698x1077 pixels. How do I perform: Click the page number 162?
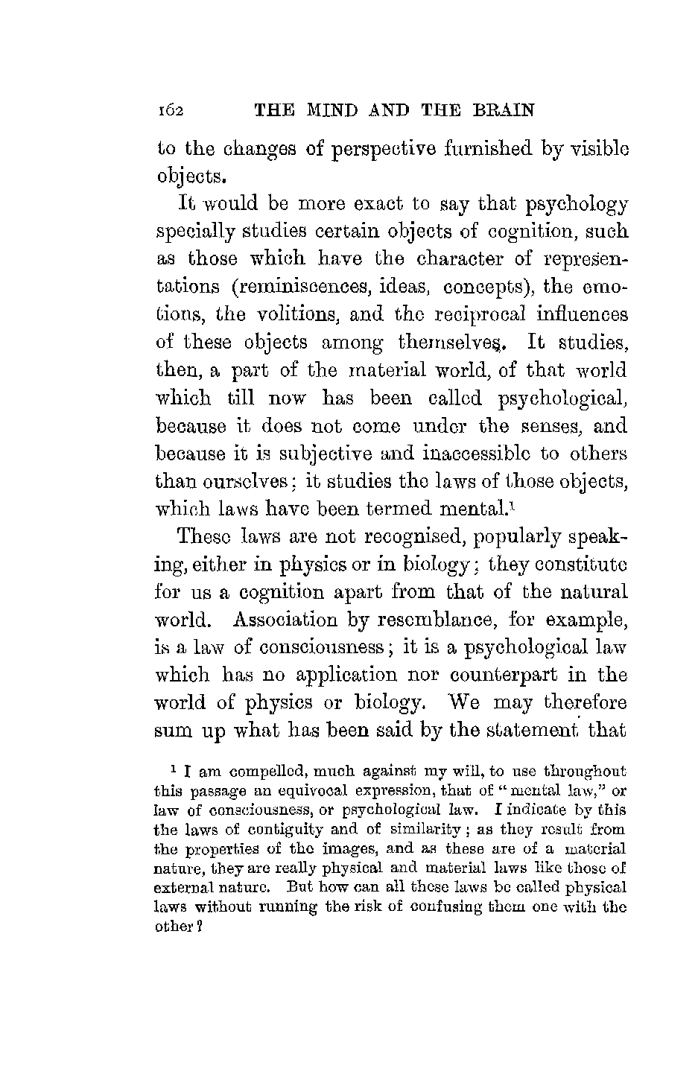[171, 111]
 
